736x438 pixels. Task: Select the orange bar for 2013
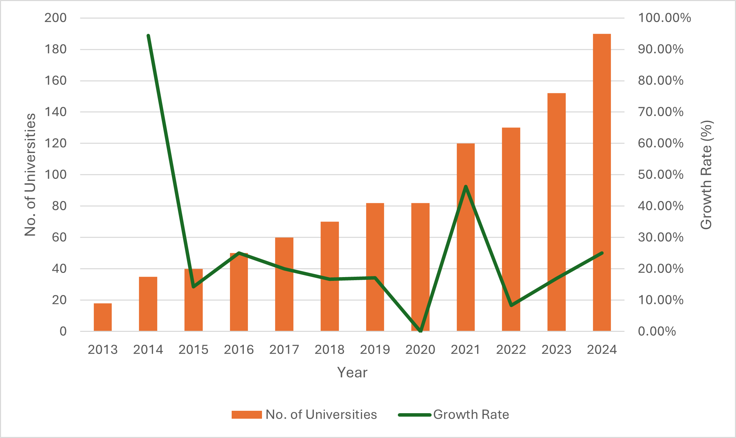pyautogui.click(x=103, y=317)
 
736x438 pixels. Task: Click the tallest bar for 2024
pyautogui.click(x=602, y=183)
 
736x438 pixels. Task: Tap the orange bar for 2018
pyautogui.click(x=330, y=276)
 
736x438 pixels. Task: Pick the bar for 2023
pyautogui.click(x=556, y=212)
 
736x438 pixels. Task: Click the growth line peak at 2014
pyautogui.click(x=148, y=36)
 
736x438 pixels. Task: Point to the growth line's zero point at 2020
pyautogui.click(x=420, y=331)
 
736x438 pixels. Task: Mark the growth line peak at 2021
pyautogui.click(x=466, y=187)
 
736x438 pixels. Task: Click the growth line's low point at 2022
pyautogui.click(x=511, y=305)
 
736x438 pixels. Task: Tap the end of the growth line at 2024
pyautogui.click(x=602, y=253)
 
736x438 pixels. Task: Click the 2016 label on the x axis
pyautogui.click(x=239, y=350)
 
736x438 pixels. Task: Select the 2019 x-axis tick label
pyautogui.click(x=375, y=350)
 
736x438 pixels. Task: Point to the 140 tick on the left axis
pyautogui.click(x=56, y=112)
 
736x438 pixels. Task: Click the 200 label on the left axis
pyautogui.click(x=56, y=18)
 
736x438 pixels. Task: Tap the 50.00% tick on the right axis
pyautogui.click(x=661, y=174)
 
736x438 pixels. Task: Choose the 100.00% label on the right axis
pyautogui.click(x=664, y=18)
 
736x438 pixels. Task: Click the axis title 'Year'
pyautogui.click(x=352, y=373)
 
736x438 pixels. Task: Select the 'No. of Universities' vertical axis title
pyautogui.click(x=30, y=174)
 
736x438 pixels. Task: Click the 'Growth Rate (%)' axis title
pyautogui.click(x=706, y=174)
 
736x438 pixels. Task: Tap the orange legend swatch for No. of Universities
pyautogui.click(x=246, y=415)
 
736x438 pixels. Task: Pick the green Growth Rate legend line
pyautogui.click(x=415, y=415)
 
